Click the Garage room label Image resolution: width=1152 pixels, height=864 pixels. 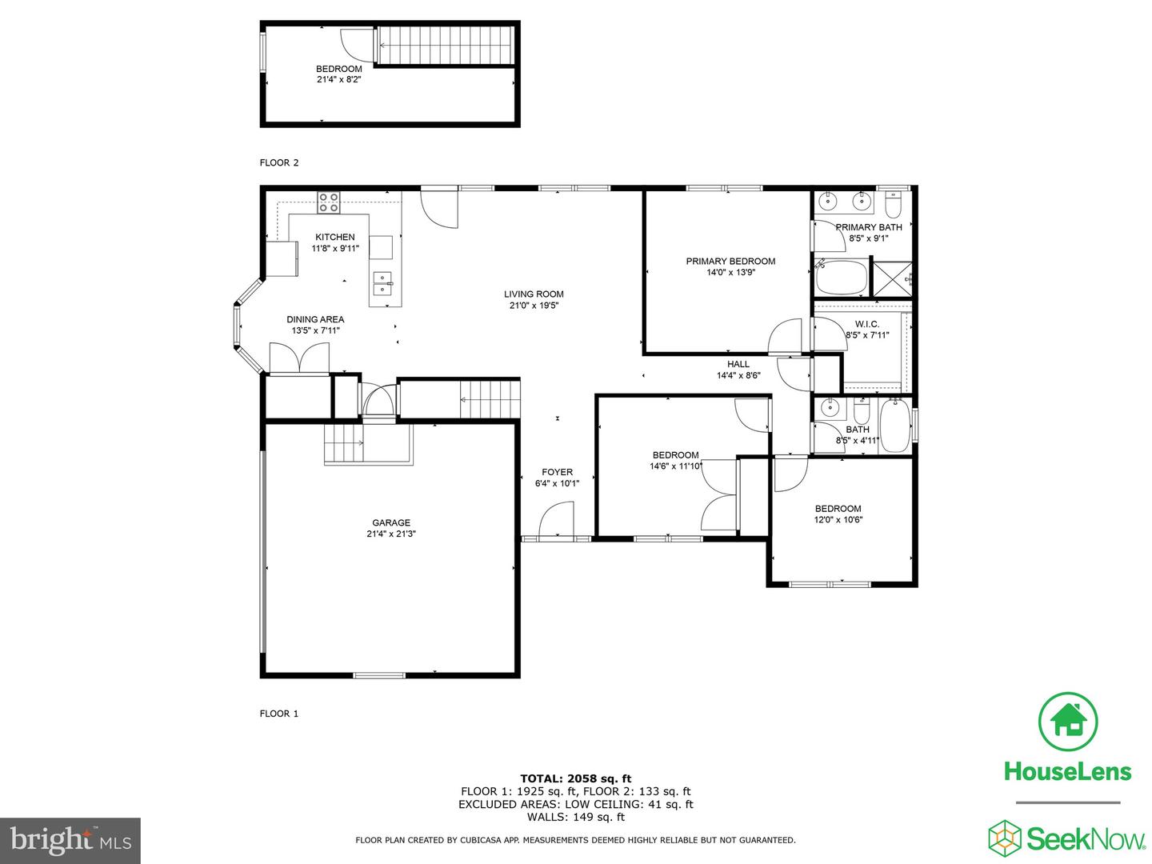pyautogui.click(x=390, y=523)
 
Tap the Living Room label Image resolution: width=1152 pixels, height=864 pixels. pyautogui.click(x=534, y=294)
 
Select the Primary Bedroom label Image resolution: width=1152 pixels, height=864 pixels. pyautogui.click(x=730, y=262)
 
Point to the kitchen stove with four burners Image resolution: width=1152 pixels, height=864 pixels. pyautogui.click(x=328, y=202)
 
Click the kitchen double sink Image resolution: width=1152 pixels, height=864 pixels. pyautogui.click(x=383, y=283)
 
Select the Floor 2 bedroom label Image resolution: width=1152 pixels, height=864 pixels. pyautogui.click(x=338, y=70)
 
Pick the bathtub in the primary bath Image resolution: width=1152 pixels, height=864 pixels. pyautogui.click(x=841, y=278)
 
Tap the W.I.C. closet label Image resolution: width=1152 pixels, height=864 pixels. pyautogui.click(x=866, y=324)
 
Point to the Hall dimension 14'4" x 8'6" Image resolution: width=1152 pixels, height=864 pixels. pyautogui.click(x=738, y=375)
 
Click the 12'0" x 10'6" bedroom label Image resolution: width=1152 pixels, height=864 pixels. pyautogui.click(x=838, y=509)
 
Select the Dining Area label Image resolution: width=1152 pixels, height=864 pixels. pyautogui.click(x=315, y=320)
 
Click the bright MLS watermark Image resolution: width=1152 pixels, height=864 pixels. pyautogui.click(x=70, y=840)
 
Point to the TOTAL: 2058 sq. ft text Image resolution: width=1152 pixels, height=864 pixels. pyautogui.click(x=575, y=778)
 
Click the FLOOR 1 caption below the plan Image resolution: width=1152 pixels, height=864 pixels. pyautogui.click(x=278, y=714)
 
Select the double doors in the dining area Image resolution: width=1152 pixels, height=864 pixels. pyautogui.click(x=299, y=358)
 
